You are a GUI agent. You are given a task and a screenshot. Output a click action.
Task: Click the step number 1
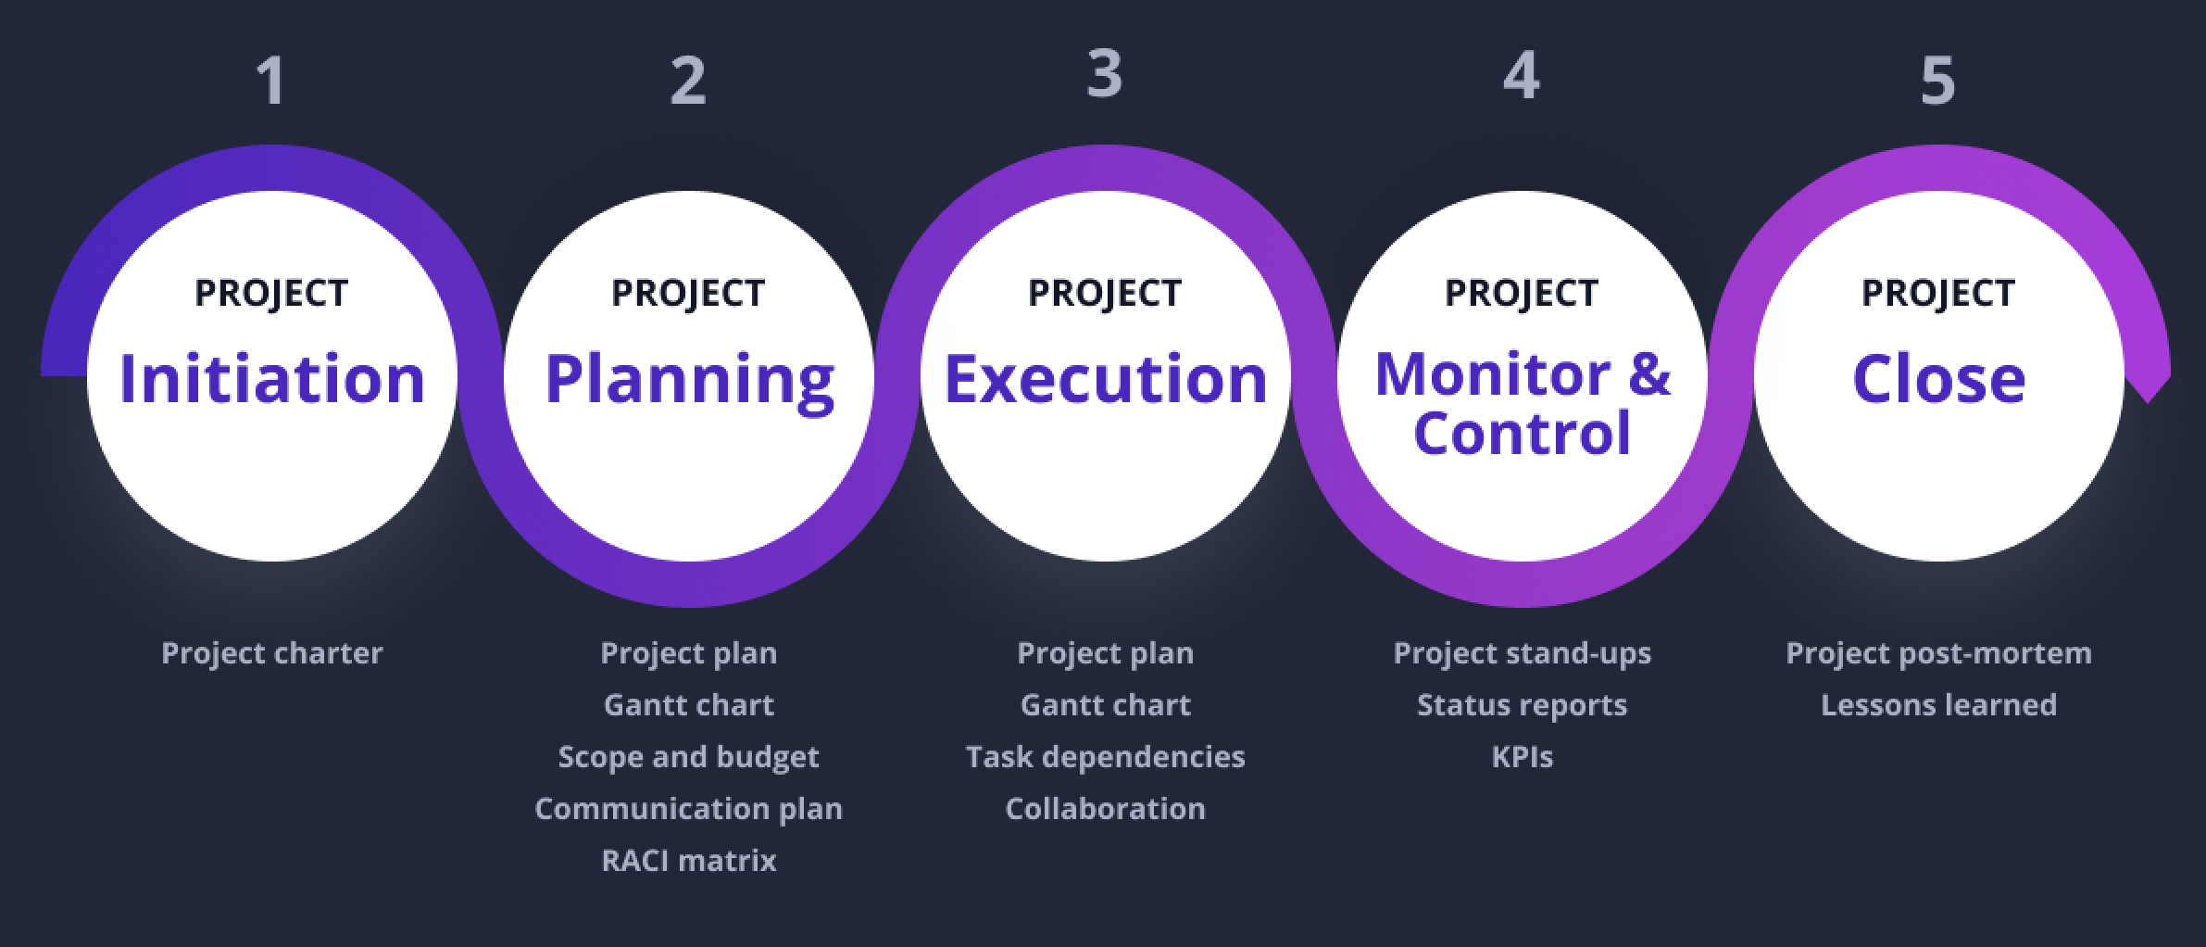270,81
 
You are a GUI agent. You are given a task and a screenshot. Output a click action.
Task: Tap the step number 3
1105,73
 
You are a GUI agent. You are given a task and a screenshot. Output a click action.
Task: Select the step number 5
1937,82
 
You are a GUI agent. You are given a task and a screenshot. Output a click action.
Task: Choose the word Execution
1105,379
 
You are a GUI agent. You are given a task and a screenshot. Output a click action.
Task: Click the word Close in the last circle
1938,379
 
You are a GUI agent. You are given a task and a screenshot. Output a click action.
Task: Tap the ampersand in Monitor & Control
1648,373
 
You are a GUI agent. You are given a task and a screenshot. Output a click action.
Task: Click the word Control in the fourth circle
1522,432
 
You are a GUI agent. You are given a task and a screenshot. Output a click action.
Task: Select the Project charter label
271,653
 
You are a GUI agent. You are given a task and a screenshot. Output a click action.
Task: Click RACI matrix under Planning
689,861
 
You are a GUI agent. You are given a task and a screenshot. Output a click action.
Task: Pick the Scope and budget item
689,757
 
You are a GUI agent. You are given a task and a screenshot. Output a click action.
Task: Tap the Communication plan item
689,809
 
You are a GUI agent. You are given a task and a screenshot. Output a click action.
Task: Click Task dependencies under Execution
1105,757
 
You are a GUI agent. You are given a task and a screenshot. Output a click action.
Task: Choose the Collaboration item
1105,809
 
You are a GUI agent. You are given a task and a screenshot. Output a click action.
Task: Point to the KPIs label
1522,757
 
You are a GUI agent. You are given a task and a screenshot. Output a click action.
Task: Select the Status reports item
1522,705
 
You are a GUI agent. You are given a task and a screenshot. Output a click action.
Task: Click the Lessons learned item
1938,705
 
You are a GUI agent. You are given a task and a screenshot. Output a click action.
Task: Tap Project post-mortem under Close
1938,653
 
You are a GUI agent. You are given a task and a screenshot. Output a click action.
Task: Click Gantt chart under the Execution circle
1105,705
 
